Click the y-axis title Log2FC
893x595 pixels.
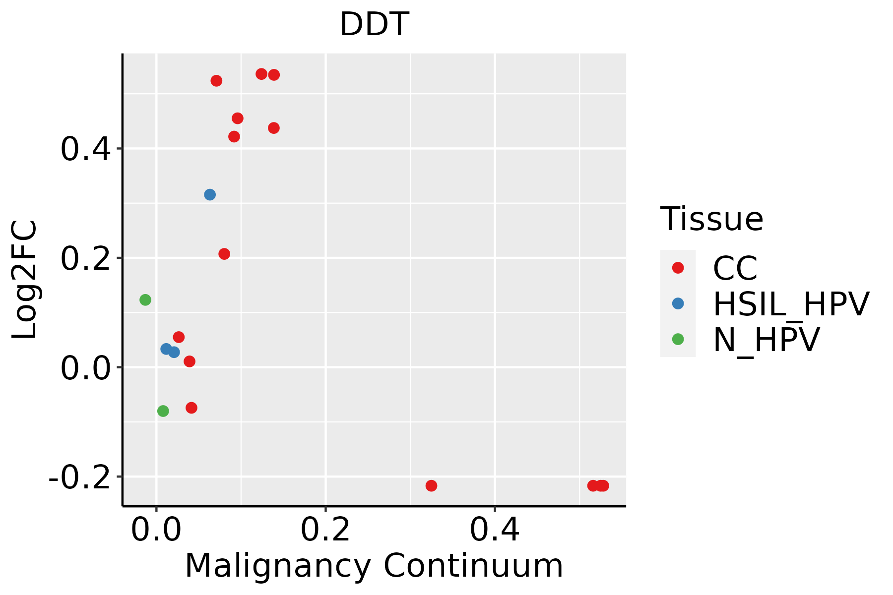25,280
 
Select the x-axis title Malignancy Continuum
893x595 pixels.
374,566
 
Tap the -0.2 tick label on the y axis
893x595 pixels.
79,477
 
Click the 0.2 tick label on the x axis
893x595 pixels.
325,530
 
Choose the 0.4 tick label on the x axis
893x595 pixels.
495,530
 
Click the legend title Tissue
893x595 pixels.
711,219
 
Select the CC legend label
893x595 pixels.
735,268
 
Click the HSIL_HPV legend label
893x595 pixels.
791,304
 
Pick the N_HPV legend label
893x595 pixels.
766,340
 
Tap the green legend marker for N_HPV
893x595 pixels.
678,339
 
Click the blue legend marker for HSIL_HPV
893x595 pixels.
678,303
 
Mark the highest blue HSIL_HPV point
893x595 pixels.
210,195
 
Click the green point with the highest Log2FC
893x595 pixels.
145,300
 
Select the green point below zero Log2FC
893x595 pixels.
163,411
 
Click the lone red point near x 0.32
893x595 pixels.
432,486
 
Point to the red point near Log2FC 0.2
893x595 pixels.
224,254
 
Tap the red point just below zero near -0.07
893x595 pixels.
191,408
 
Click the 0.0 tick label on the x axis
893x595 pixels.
156,530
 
